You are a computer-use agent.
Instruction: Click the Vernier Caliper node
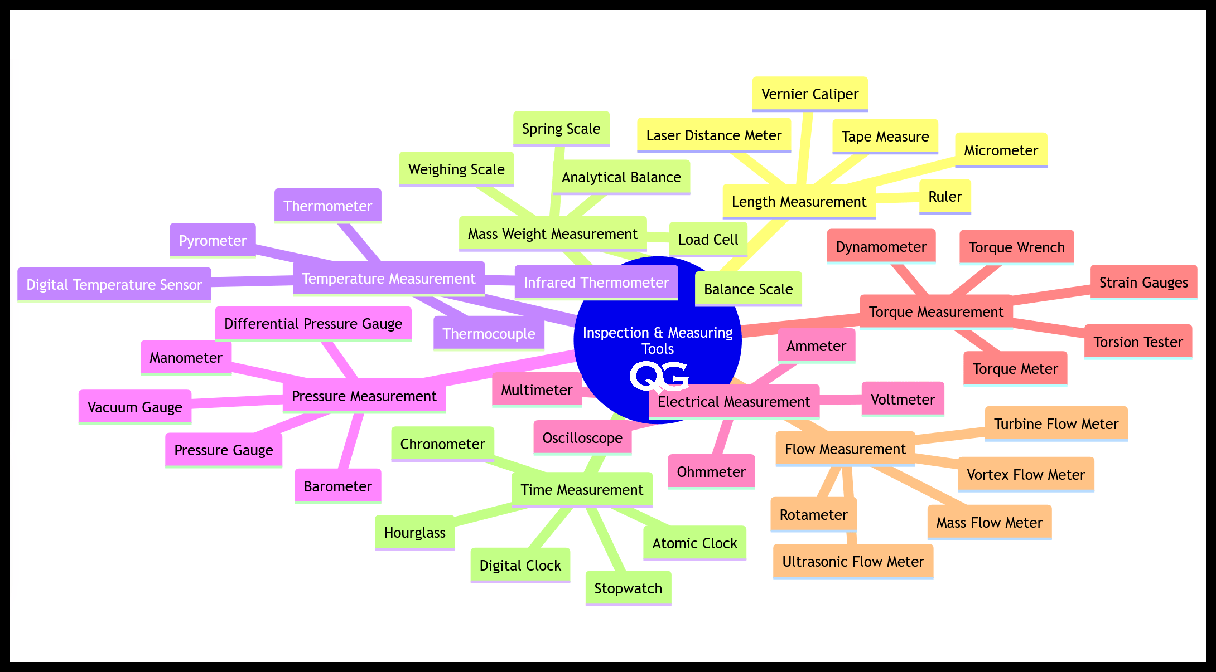point(810,94)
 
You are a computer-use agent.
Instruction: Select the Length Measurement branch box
point(799,202)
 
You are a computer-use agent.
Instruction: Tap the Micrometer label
point(1001,150)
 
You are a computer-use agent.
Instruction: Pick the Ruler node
point(945,197)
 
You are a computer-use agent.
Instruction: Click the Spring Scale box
point(561,129)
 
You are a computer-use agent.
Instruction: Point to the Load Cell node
point(708,240)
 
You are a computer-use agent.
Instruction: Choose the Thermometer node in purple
point(327,206)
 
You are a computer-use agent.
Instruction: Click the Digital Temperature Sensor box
point(114,285)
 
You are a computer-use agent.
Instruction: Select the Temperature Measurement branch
point(389,279)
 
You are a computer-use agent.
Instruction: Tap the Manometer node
point(186,358)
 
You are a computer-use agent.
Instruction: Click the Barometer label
point(337,486)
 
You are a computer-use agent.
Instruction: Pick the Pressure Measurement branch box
point(364,396)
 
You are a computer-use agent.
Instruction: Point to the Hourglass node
point(414,533)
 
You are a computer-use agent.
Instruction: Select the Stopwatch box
point(628,588)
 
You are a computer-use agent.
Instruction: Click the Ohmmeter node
point(711,472)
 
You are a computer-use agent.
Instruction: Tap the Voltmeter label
point(903,400)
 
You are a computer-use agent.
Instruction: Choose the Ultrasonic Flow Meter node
point(853,562)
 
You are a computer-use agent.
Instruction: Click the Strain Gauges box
point(1143,283)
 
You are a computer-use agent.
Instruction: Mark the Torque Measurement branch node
point(936,312)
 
